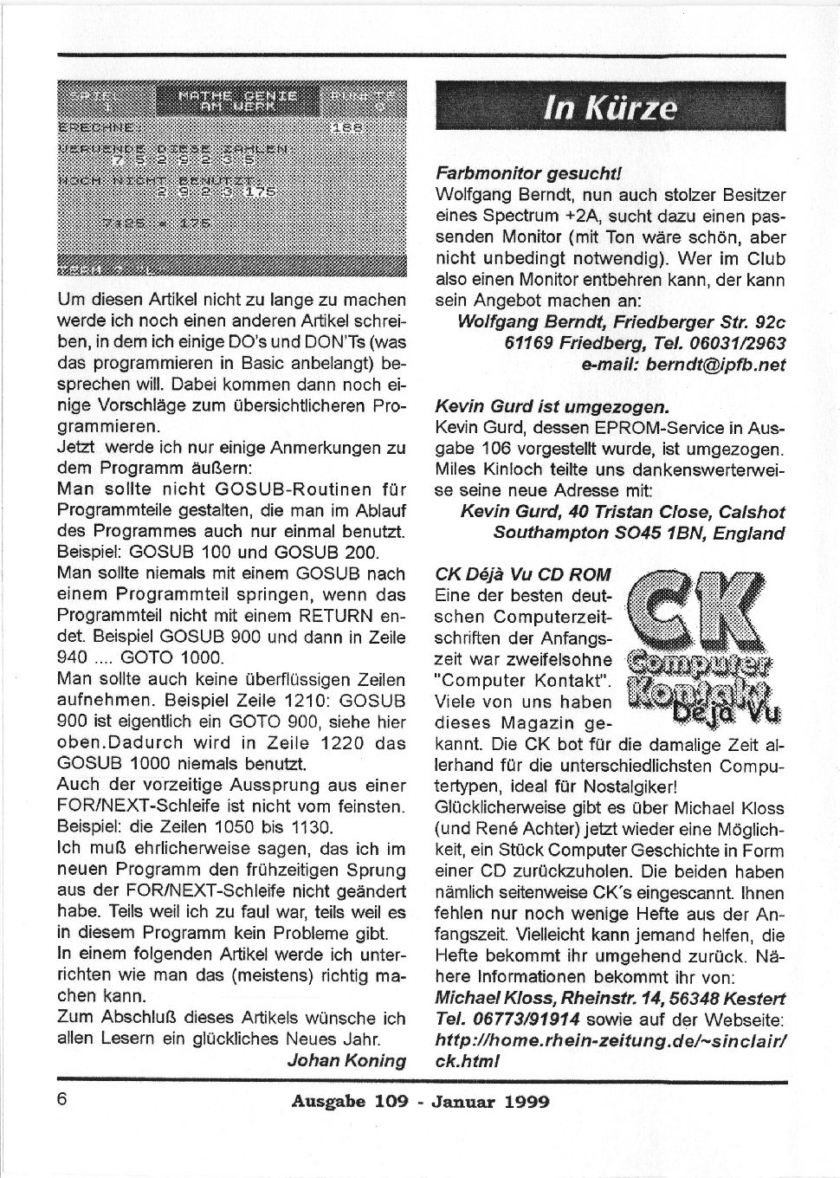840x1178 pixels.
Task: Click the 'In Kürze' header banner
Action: point(610,108)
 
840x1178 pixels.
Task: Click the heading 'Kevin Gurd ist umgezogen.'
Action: point(552,406)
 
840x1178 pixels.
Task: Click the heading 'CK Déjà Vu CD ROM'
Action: point(522,574)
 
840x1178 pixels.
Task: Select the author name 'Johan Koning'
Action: point(346,1060)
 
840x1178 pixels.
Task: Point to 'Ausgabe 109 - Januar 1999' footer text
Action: point(420,1102)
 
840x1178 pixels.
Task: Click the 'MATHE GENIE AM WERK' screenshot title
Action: point(237,100)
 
